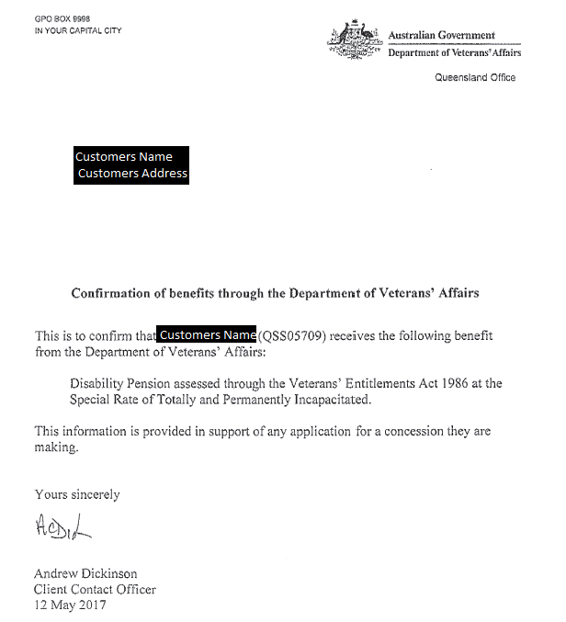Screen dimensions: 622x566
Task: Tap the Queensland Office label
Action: point(475,77)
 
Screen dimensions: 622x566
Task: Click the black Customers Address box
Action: point(132,174)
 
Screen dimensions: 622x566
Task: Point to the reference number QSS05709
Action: point(293,336)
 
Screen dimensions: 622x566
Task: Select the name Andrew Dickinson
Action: point(86,574)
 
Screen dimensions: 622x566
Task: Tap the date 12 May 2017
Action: point(70,605)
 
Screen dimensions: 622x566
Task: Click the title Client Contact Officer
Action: point(95,589)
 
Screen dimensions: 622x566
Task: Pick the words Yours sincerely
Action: point(77,494)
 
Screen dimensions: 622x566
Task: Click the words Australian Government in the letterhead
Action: point(441,36)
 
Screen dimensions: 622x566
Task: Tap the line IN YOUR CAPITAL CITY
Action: point(78,30)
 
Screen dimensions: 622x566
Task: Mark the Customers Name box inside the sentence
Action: point(207,335)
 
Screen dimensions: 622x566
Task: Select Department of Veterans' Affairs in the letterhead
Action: point(454,53)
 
